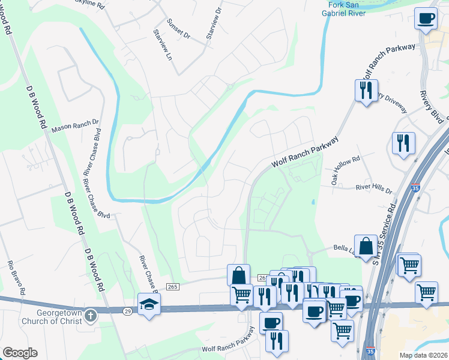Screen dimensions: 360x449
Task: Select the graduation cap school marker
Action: [149, 304]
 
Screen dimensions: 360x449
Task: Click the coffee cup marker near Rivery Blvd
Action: [426, 18]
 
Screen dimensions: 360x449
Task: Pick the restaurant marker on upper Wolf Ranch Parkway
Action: [366, 91]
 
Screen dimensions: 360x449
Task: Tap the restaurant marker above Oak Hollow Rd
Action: [402, 143]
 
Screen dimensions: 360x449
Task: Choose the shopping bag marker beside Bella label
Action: [366, 246]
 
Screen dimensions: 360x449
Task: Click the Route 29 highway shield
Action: [127, 310]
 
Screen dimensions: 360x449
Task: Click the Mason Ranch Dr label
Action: [75, 127]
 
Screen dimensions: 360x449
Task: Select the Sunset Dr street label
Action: [179, 36]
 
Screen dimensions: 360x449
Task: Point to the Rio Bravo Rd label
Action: [16, 278]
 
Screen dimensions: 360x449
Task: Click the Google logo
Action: [20, 352]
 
